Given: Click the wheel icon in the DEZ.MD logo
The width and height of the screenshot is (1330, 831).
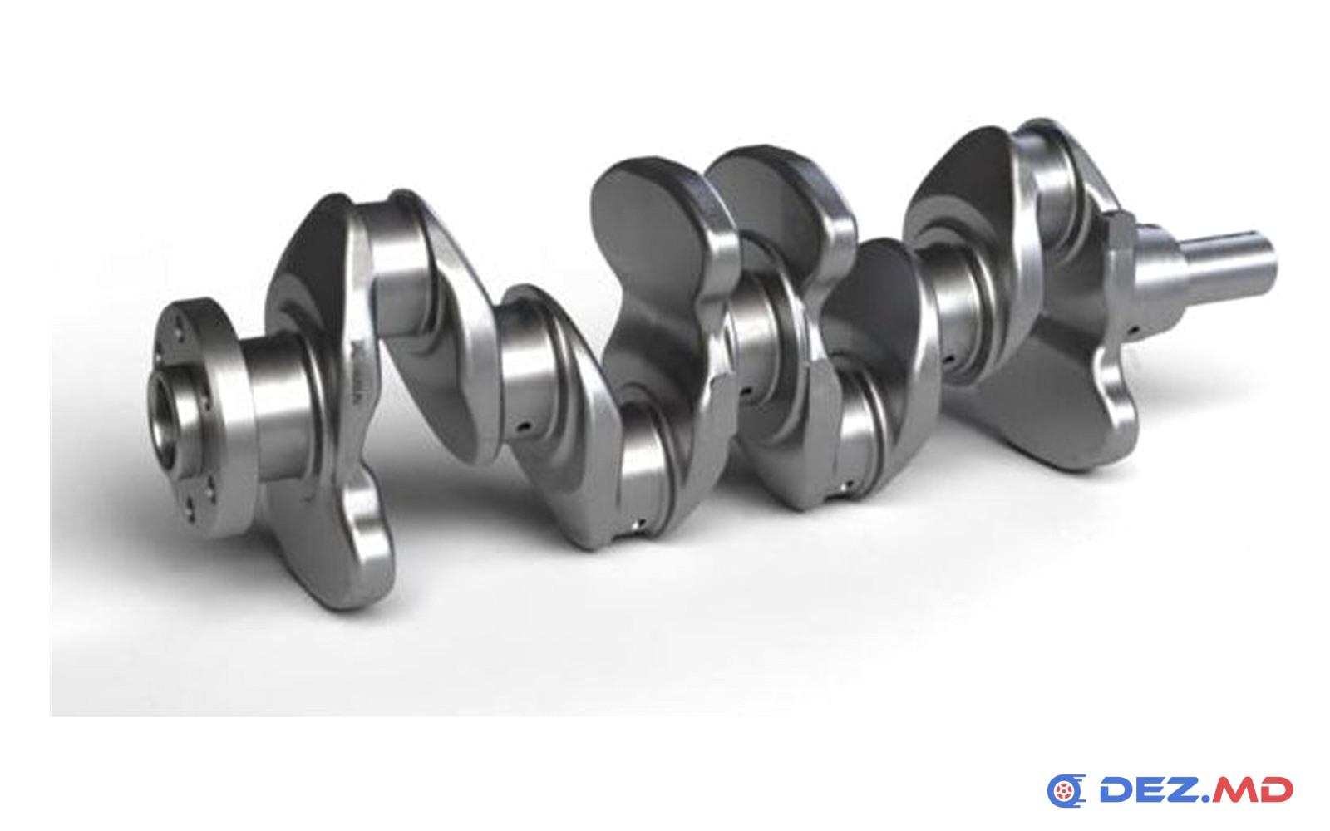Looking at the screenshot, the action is pyautogui.click(x=1066, y=791).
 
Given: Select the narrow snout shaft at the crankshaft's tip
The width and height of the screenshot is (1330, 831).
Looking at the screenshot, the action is pyautogui.click(x=1229, y=261).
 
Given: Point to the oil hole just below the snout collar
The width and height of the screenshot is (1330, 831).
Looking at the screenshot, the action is pyautogui.click(x=1133, y=328).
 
